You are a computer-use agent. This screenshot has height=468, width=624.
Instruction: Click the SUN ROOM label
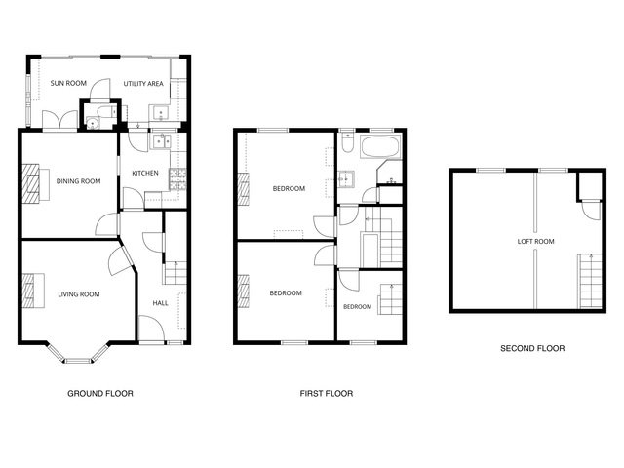tap(68, 83)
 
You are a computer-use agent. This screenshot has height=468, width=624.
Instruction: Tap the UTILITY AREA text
tap(143, 84)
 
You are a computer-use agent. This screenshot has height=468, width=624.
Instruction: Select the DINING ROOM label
tap(78, 181)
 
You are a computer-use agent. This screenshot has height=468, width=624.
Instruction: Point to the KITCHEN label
tap(145, 174)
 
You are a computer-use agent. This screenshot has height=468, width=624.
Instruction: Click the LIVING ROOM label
tap(79, 294)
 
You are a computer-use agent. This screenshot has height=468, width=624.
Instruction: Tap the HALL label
tap(160, 303)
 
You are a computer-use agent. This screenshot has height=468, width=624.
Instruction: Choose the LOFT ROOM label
tap(535, 241)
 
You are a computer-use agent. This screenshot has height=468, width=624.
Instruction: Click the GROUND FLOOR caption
tap(100, 394)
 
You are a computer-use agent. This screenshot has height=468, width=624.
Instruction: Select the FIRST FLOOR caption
tap(327, 394)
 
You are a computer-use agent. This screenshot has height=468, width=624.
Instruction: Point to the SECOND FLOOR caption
tap(532, 349)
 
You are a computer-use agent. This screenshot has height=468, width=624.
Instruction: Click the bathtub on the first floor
tap(380, 146)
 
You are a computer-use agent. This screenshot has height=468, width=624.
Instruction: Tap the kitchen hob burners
tap(177, 179)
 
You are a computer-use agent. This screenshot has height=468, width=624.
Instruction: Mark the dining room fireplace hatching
tap(30, 183)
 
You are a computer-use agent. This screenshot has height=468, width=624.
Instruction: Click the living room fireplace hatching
tap(28, 291)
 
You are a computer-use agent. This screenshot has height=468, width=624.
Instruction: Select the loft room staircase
tap(590, 281)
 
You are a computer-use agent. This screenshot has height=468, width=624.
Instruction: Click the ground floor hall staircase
tap(175, 273)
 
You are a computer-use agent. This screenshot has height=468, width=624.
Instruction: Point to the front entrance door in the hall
tap(151, 329)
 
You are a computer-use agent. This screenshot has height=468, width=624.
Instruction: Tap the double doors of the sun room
tap(59, 119)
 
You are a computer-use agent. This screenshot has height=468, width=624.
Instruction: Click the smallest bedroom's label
tap(358, 307)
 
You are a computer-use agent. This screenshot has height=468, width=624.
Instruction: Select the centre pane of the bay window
tap(78, 361)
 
